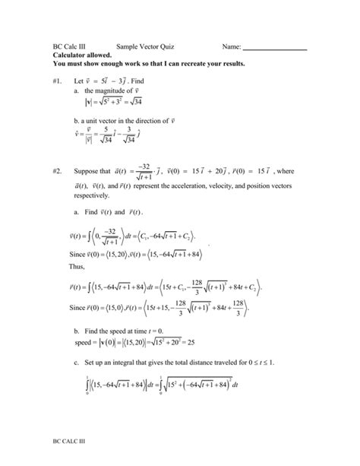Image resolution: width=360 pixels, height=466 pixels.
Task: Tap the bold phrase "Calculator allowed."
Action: [81, 55]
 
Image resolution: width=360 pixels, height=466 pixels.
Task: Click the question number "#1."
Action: [58, 80]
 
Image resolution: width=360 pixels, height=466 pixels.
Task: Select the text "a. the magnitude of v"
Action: [114, 90]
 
